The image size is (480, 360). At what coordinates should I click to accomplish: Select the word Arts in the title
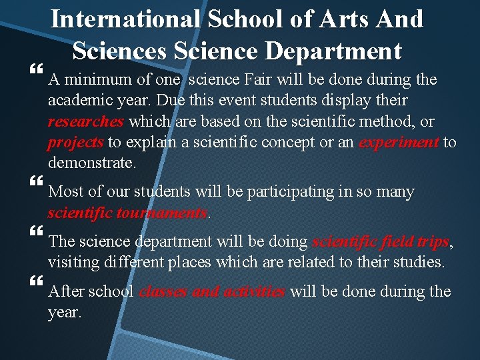pos(355,19)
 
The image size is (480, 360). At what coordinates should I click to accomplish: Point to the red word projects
pos(75,143)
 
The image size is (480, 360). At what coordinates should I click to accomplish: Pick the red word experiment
pos(399,143)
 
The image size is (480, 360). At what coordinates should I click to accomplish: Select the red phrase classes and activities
pos(212,292)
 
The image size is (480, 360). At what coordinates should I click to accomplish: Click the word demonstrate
pos(91,163)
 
